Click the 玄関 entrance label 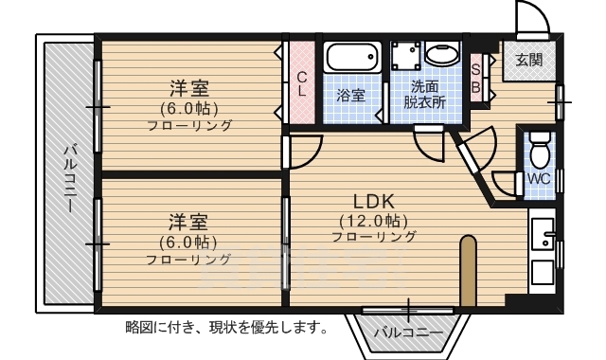(x=529, y=60)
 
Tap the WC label (x=538, y=177)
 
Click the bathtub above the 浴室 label (x=351, y=59)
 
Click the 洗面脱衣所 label (x=425, y=94)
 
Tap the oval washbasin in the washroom (x=441, y=53)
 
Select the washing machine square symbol (x=406, y=54)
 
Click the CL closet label (x=301, y=84)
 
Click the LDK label (x=373, y=202)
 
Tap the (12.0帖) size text (x=373, y=220)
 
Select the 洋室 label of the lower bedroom (x=188, y=223)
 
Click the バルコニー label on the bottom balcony (x=407, y=333)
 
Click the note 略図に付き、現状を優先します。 (x=226, y=329)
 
